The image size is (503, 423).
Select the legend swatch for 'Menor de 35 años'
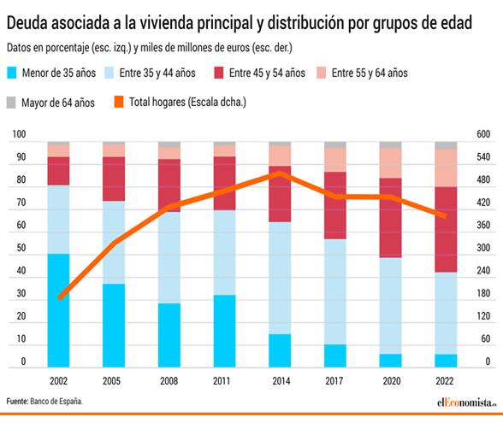(12, 73)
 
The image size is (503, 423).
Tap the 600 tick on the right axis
(483, 135)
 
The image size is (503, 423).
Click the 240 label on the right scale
(483, 271)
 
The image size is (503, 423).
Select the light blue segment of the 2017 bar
(334, 291)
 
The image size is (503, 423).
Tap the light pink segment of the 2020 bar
(390, 162)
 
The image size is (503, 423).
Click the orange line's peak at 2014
(280, 173)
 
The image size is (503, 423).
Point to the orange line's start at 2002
(60, 297)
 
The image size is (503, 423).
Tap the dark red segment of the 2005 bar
(114, 179)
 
